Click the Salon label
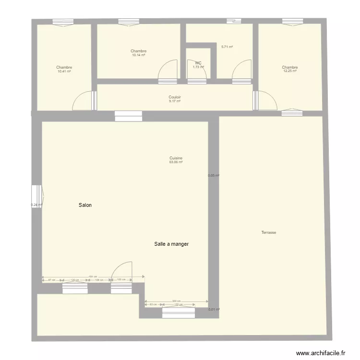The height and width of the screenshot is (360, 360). [85, 205]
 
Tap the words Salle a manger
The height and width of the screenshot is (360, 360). [171, 244]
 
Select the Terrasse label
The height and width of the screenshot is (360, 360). [268, 232]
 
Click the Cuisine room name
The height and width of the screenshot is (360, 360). [176, 158]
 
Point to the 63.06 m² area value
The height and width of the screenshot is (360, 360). [176, 162]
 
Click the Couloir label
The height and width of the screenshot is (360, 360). [175, 97]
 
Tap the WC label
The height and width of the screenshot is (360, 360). [198, 63]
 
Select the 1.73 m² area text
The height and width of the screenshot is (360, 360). [198, 67]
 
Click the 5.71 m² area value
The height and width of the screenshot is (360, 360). [227, 47]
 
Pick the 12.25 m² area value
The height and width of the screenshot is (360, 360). [290, 72]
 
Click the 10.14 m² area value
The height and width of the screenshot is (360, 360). [138, 55]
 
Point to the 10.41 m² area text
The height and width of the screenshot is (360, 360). [64, 72]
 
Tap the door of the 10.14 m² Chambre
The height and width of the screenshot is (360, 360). [168, 71]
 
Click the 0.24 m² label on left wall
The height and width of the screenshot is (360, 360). [36, 205]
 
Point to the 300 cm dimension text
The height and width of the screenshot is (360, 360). [177, 301]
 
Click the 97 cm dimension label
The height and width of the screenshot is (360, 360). [52, 280]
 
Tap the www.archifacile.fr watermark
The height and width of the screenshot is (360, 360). [321, 353]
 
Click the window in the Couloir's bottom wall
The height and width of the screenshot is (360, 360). [128, 116]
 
